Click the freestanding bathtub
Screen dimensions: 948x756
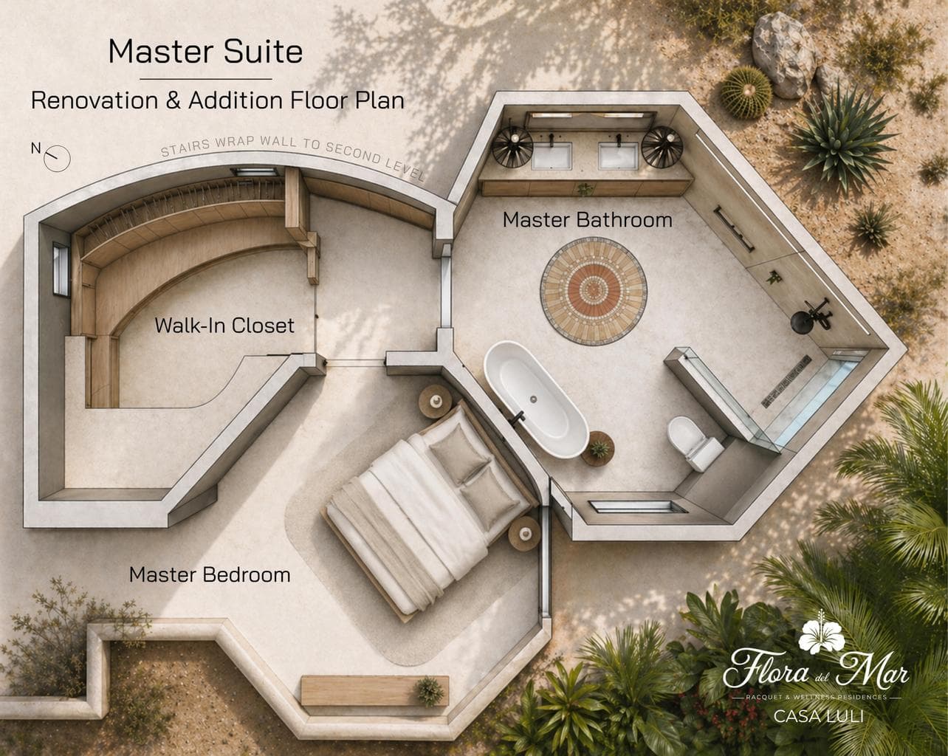click(x=536, y=399)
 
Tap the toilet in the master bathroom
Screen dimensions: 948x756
click(x=694, y=443)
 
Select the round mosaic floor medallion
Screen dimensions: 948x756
click(x=594, y=291)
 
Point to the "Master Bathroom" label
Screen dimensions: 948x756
click(x=587, y=219)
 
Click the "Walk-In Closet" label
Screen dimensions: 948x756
click(x=224, y=325)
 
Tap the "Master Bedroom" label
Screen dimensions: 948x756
click(x=210, y=574)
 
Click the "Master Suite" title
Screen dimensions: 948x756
click(x=205, y=52)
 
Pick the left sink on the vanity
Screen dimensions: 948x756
click(x=552, y=156)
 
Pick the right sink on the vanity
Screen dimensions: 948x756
click(x=618, y=156)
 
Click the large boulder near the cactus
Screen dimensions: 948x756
click(x=783, y=55)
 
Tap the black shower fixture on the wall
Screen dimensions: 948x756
click(x=810, y=316)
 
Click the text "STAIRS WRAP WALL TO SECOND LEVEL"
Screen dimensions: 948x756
click(x=292, y=154)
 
